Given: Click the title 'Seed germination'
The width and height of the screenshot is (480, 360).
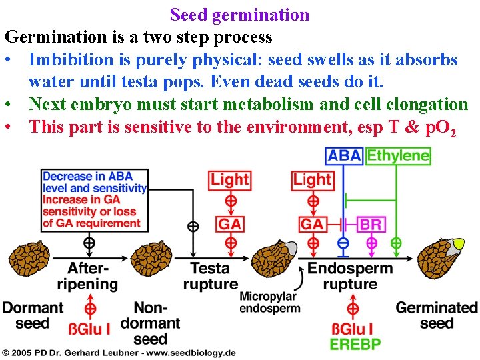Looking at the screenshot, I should click(240, 15).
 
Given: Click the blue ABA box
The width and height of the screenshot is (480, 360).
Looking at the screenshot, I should click(344, 156).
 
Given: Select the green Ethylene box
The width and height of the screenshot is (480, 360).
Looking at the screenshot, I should click(398, 156).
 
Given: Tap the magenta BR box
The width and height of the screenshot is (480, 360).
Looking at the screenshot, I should click(371, 224).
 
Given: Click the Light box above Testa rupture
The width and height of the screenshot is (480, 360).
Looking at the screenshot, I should click(229, 179).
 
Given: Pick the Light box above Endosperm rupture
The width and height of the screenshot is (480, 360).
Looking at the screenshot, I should click(311, 179).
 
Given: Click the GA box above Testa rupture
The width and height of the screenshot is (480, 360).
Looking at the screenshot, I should click(229, 224).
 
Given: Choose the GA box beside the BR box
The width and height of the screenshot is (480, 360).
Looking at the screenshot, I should click(312, 224).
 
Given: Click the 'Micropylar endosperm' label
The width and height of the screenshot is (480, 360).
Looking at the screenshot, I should click(269, 302).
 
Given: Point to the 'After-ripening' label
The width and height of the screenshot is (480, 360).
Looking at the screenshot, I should click(92, 276).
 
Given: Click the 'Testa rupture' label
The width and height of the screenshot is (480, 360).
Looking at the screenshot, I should click(210, 276).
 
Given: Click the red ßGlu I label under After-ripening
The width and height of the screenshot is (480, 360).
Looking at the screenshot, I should click(90, 329).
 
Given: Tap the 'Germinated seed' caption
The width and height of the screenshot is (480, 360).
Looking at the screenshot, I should click(437, 315).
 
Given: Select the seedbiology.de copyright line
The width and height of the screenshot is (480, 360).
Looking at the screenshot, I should click(118, 352).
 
